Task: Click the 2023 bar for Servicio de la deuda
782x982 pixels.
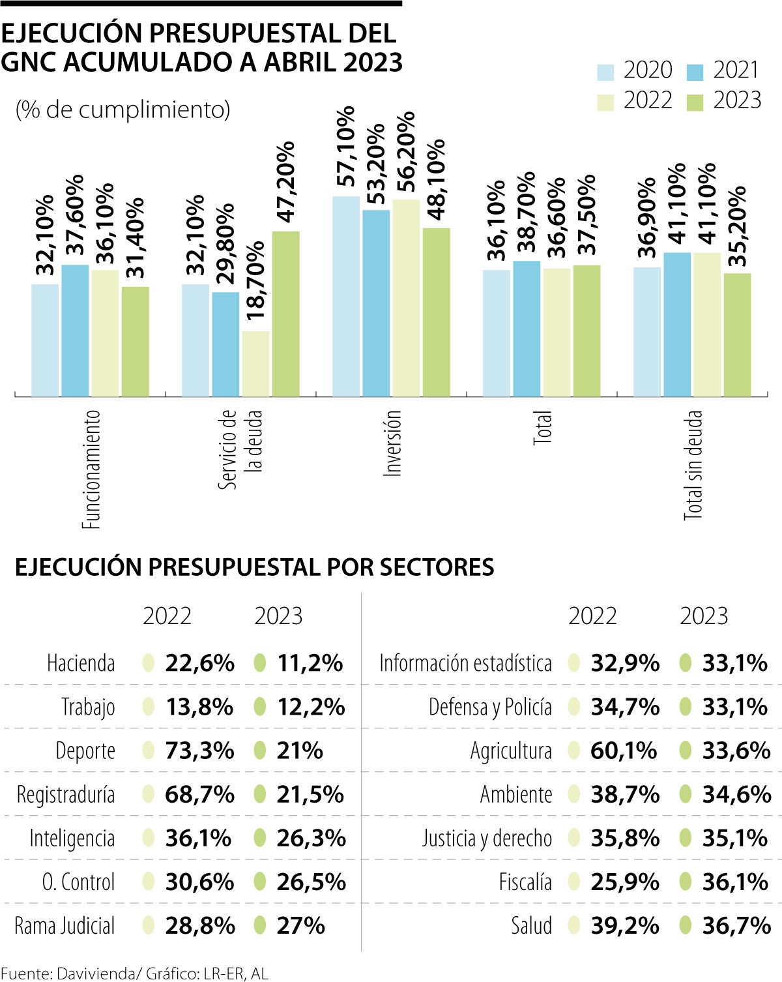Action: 286,314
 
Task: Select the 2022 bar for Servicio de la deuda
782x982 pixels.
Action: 255,363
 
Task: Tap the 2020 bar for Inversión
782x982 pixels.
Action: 346,296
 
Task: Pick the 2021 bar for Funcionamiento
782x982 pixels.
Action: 75,331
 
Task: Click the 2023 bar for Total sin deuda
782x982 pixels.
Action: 737,335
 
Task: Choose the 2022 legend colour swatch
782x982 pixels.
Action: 605,102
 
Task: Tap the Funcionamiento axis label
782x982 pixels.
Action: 91,468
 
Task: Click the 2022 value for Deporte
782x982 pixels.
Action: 199,751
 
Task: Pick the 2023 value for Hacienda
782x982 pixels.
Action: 310,663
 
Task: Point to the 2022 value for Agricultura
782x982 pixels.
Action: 624,751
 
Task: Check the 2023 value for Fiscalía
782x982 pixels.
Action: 735,882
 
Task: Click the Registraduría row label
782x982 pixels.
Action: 66,795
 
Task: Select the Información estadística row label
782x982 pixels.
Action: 465,663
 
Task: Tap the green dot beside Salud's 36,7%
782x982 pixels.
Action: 685,925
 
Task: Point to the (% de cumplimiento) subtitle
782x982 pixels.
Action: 123,110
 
